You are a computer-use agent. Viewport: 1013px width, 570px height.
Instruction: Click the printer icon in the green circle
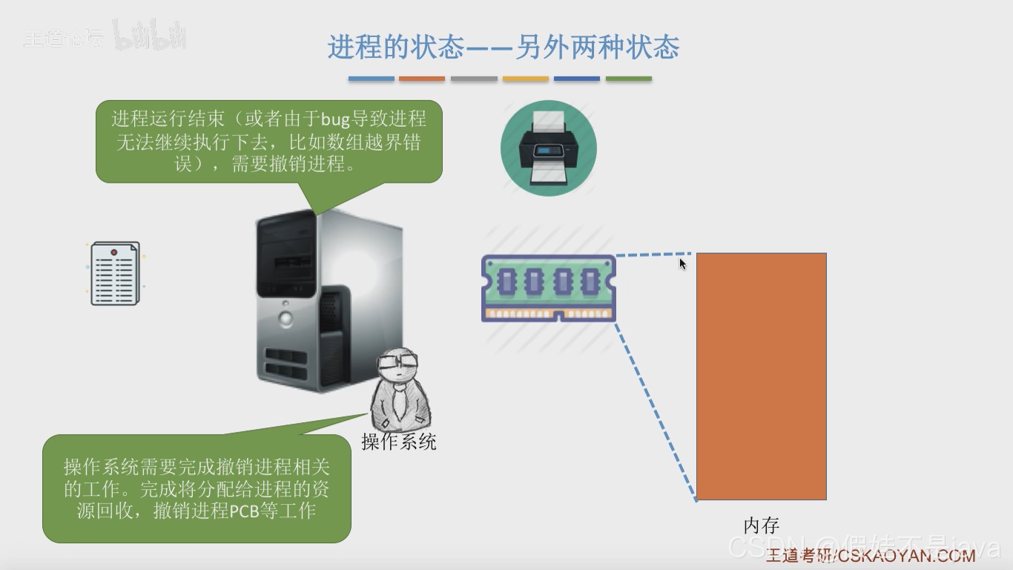point(548,148)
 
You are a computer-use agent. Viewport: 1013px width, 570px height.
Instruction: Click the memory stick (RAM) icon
point(549,288)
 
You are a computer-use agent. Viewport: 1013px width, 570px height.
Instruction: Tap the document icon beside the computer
point(115,273)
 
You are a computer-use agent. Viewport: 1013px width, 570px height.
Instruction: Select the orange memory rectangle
point(761,376)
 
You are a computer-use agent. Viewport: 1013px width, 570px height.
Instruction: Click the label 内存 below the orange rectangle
point(761,525)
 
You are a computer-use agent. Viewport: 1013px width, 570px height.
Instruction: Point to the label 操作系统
point(399,442)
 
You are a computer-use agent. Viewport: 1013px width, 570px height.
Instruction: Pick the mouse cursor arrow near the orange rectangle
point(682,263)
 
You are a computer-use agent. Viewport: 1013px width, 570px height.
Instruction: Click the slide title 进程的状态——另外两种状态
point(504,48)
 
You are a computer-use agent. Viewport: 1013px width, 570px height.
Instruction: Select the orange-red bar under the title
point(422,79)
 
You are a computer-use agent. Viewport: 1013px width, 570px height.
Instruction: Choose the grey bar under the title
point(474,79)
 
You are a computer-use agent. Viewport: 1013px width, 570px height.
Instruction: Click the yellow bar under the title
point(525,79)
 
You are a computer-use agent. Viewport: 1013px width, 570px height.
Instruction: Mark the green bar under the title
point(629,79)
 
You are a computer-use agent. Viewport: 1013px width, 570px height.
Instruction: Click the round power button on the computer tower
point(286,319)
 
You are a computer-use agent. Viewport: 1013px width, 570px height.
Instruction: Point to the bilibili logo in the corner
point(151,36)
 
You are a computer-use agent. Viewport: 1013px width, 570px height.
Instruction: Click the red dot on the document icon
point(113,253)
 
